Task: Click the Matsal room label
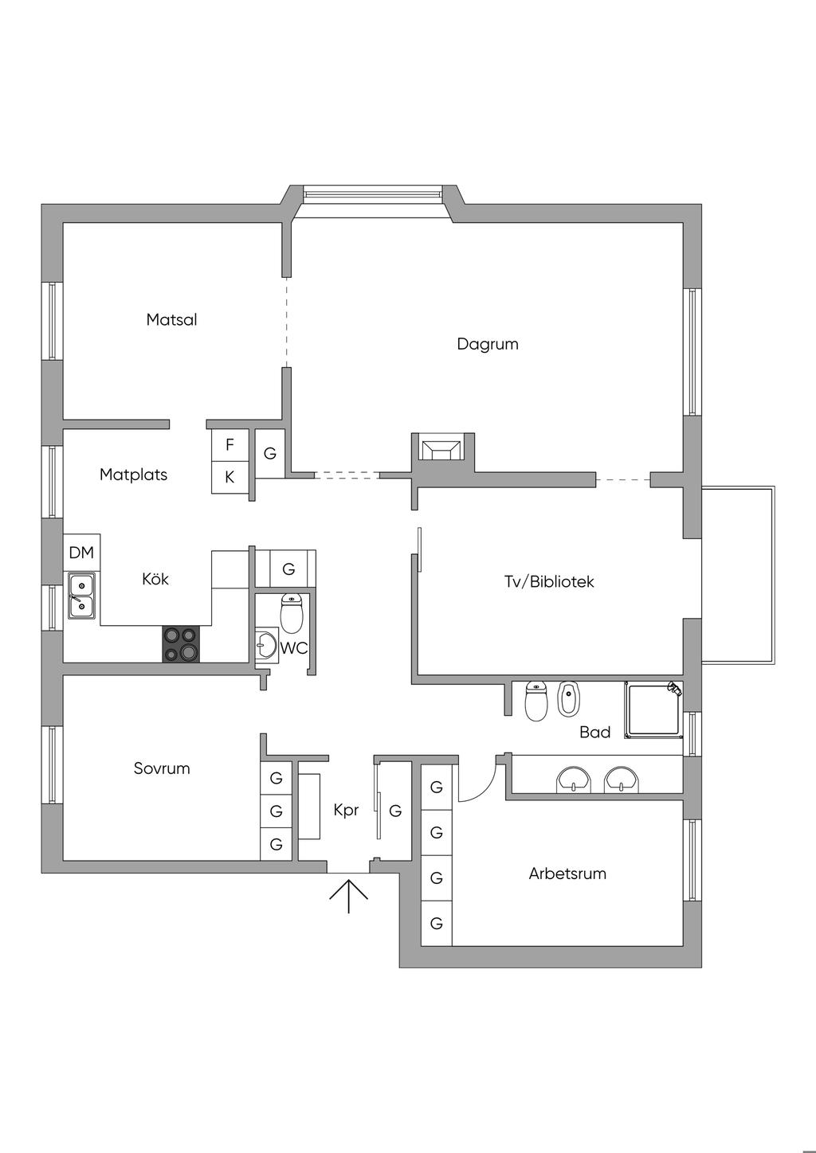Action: pyautogui.click(x=171, y=320)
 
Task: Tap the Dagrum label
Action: pyautogui.click(x=487, y=344)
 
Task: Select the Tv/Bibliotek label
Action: pyautogui.click(x=549, y=582)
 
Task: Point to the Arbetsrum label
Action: pyautogui.click(x=567, y=874)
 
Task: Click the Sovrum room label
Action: pyautogui.click(x=162, y=768)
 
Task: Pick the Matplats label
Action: pyautogui.click(x=133, y=475)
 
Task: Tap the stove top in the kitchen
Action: pyautogui.click(x=181, y=644)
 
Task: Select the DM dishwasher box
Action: pyautogui.click(x=81, y=553)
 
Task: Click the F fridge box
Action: pyautogui.click(x=229, y=444)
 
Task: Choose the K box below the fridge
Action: pyautogui.click(x=229, y=478)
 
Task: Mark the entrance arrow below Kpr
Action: pyautogui.click(x=348, y=895)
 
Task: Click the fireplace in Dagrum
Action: pyautogui.click(x=442, y=451)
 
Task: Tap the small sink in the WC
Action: pyautogui.click(x=266, y=644)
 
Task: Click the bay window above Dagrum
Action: pyautogui.click(x=372, y=193)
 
